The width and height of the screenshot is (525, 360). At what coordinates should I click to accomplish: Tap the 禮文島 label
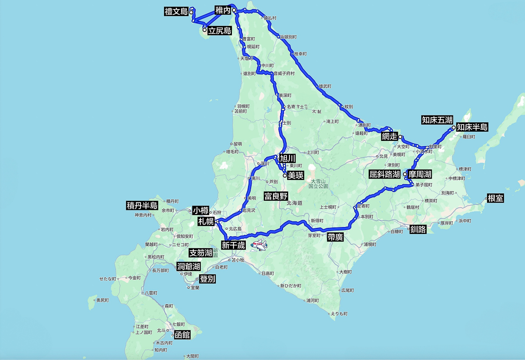tap(176, 11)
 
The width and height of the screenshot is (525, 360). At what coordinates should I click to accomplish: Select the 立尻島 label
tap(220, 31)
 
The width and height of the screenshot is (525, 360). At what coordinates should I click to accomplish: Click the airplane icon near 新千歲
tap(259, 245)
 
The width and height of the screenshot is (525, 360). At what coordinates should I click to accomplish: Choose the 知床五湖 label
tap(437, 119)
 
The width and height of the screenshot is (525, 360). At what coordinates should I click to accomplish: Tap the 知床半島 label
tap(472, 127)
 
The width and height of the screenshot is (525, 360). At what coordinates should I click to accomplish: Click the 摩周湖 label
tap(420, 174)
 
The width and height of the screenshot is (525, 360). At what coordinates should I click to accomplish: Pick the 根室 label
tap(496, 198)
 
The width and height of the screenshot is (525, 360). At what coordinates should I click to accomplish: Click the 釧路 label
tap(418, 229)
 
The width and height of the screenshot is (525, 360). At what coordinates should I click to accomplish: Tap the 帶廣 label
tap(335, 237)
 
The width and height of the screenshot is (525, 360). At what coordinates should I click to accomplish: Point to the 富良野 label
tap(276, 196)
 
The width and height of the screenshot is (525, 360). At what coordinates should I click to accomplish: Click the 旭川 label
tap(287, 158)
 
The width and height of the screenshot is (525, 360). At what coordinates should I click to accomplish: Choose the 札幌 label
tap(206, 221)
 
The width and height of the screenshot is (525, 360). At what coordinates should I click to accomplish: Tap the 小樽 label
tap(200, 210)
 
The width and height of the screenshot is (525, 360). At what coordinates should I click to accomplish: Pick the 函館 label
tap(182, 335)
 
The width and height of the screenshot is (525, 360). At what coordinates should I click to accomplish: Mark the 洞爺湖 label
tap(188, 266)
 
